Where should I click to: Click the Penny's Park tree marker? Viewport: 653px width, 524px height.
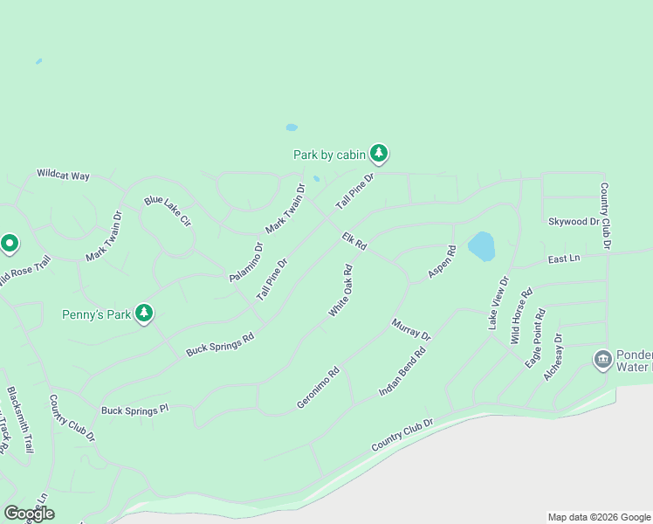pyautogui.click(x=144, y=313)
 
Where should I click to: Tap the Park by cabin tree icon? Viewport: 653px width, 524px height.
pyautogui.click(x=378, y=154)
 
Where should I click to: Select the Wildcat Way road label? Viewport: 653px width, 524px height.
pyautogui.click(x=63, y=175)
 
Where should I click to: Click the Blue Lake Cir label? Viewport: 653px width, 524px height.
pyautogui.click(x=168, y=212)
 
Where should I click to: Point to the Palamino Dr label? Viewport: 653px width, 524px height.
pyautogui.click(x=246, y=262)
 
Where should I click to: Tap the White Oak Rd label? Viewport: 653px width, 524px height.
pyautogui.click(x=340, y=291)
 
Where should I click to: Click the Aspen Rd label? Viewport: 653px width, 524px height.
pyautogui.click(x=442, y=263)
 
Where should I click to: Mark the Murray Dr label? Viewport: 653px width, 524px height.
pyautogui.click(x=411, y=330)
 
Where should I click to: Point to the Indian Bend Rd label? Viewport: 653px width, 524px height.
pyautogui.click(x=402, y=373)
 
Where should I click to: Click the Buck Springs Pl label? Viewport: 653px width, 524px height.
pyautogui.click(x=134, y=410)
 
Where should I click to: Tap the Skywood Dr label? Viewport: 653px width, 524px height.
pyautogui.click(x=574, y=222)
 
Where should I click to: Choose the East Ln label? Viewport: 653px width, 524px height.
pyautogui.click(x=564, y=259)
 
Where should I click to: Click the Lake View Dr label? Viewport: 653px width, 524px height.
pyautogui.click(x=498, y=303)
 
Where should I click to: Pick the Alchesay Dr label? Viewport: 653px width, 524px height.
pyautogui.click(x=553, y=355)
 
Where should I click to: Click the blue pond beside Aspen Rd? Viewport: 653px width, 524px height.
pyautogui.click(x=482, y=246)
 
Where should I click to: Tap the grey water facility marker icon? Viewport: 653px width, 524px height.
pyautogui.click(x=602, y=359)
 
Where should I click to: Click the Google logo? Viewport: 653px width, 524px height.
pyautogui.click(x=29, y=514)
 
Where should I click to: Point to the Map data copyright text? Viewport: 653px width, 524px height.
pyautogui.click(x=598, y=517)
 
